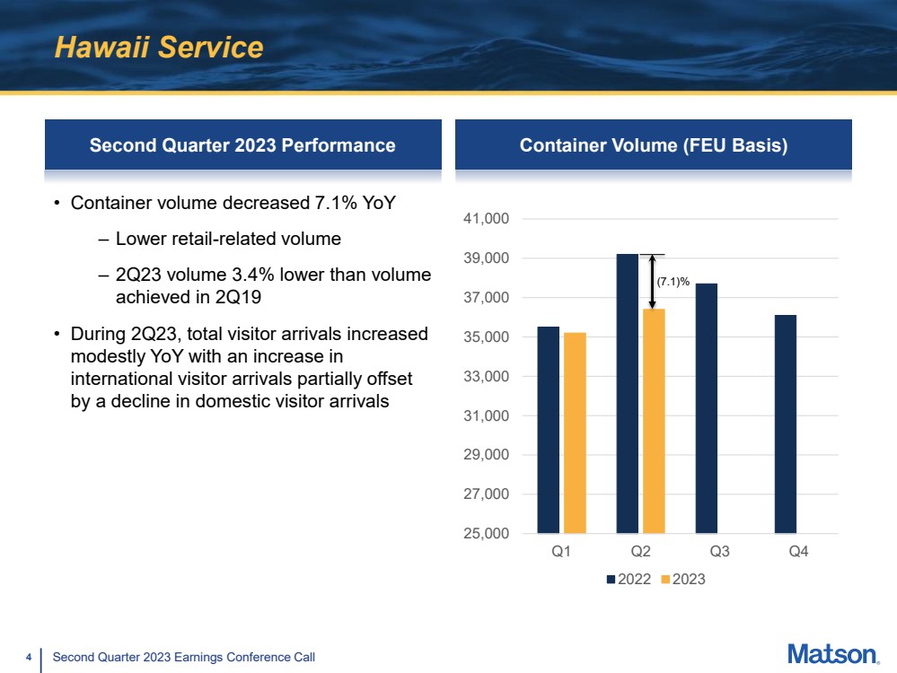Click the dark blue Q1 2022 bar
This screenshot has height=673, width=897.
(548, 430)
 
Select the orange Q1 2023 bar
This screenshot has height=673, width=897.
(575, 433)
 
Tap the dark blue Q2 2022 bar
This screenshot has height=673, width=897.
(628, 393)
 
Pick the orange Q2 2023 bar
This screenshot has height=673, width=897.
(654, 421)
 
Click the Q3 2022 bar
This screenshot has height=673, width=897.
(707, 408)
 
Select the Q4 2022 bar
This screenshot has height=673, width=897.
(786, 424)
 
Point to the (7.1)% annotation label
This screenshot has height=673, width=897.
(673, 282)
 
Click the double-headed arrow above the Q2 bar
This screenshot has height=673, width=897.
(652, 282)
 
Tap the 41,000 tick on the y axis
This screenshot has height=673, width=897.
(487, 218)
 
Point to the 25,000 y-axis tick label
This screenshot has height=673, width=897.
(487, 534)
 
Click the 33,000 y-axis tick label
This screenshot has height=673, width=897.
(487, 376)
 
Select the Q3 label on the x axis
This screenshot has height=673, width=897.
(719, 551)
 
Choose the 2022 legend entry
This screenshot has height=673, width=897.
(629, 579)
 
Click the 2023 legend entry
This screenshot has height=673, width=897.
(683, 579)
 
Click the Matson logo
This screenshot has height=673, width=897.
(833, 654)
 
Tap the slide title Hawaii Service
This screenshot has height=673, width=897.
(159, 47)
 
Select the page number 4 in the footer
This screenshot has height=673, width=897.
(29, 657)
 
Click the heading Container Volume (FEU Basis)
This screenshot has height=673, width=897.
(654, 145)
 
